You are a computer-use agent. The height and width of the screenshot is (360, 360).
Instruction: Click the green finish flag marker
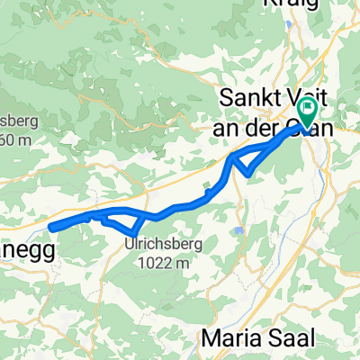pos(306,113)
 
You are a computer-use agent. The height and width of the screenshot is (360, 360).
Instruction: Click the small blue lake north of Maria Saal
pos(238,231)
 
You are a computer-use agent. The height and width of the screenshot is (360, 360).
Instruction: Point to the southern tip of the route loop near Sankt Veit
pos(247,173)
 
